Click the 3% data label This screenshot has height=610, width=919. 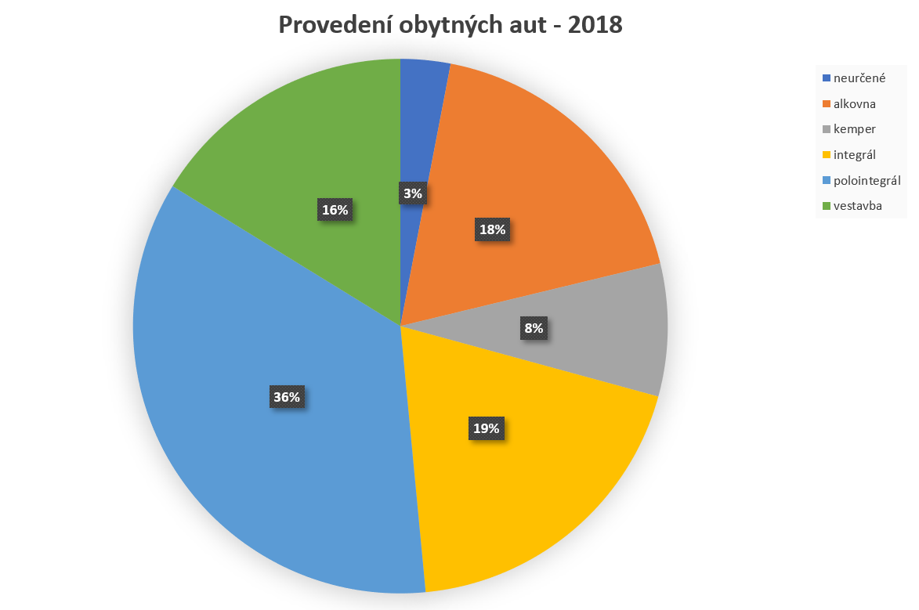click(x=413, y=193)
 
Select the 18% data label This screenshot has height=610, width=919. click(x=493, y=229)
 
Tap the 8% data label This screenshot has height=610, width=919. click(x=534, y=328)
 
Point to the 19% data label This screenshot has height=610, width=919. click(x=486, y=428)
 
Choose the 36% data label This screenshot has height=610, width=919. click(x=286, y=397)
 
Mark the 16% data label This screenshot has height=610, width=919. click(x=335, y=209)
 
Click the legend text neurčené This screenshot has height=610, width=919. click(x=859, y=78)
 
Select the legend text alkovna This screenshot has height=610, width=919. click(x=855, y=103)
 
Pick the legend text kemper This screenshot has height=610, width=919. click(x=854, y=128)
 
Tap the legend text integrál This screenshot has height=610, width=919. click(x=855, y=154)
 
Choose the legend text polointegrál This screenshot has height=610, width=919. click(x=867, y=180)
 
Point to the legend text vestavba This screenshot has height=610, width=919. click(x=858, y=205)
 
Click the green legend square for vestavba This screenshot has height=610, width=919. click(x=827, y=206)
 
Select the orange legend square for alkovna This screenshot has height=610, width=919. click(x=827, y=103)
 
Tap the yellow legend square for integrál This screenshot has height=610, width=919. click(x=827, y=155)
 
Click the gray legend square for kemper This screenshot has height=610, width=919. click(x=827, y=129)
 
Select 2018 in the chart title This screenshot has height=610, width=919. click(x=594, y=26)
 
